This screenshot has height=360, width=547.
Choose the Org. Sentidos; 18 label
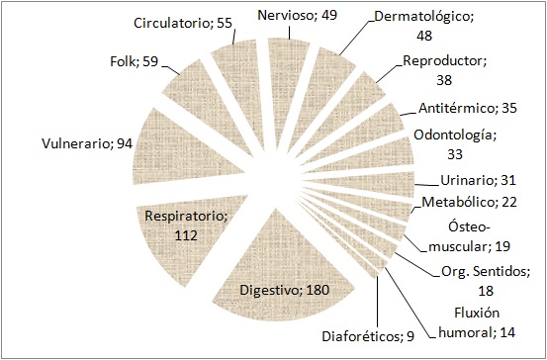pos(479,282)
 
